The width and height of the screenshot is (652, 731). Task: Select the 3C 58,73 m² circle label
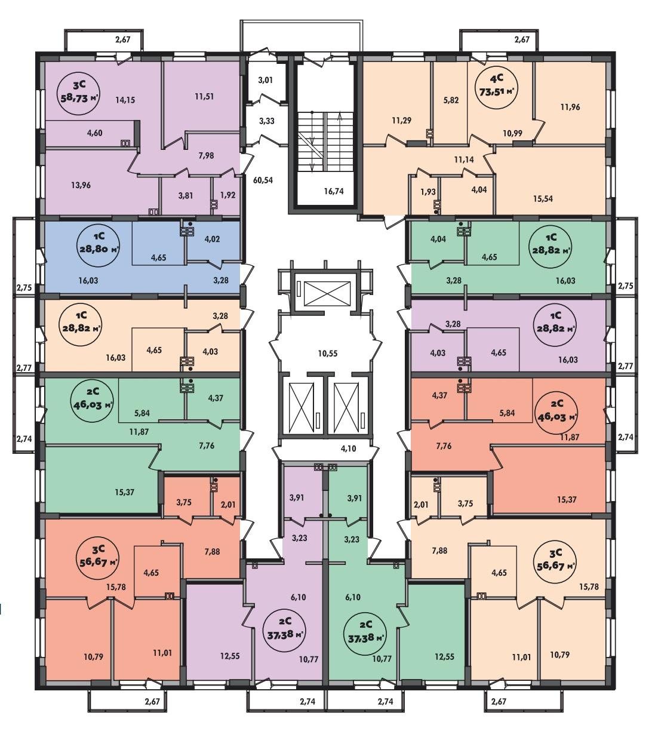point(79,93)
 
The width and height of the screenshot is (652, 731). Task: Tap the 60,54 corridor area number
point(263,180)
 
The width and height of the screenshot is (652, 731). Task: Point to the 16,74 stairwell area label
point(334,191)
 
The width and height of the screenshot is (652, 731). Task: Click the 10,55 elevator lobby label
point(328,353)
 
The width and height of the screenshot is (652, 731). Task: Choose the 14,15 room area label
point(125,100)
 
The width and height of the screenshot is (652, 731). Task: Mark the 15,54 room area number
point(543,199)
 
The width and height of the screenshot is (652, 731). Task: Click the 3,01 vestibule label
point(266,80)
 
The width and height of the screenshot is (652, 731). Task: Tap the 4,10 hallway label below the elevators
point(348,449)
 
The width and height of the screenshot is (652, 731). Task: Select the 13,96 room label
point(81,186)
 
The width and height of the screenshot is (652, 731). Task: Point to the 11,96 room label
point(570,107)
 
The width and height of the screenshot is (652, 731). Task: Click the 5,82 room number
point(451,100)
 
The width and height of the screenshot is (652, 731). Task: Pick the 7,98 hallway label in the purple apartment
point(206,155)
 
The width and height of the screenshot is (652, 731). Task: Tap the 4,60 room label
point(94,133)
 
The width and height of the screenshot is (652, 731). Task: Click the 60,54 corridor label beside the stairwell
point(263,180)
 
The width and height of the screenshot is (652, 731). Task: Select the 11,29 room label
point(401,121)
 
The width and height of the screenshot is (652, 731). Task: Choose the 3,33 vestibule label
point(267,121)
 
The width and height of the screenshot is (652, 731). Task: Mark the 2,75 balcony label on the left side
point(24,288)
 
